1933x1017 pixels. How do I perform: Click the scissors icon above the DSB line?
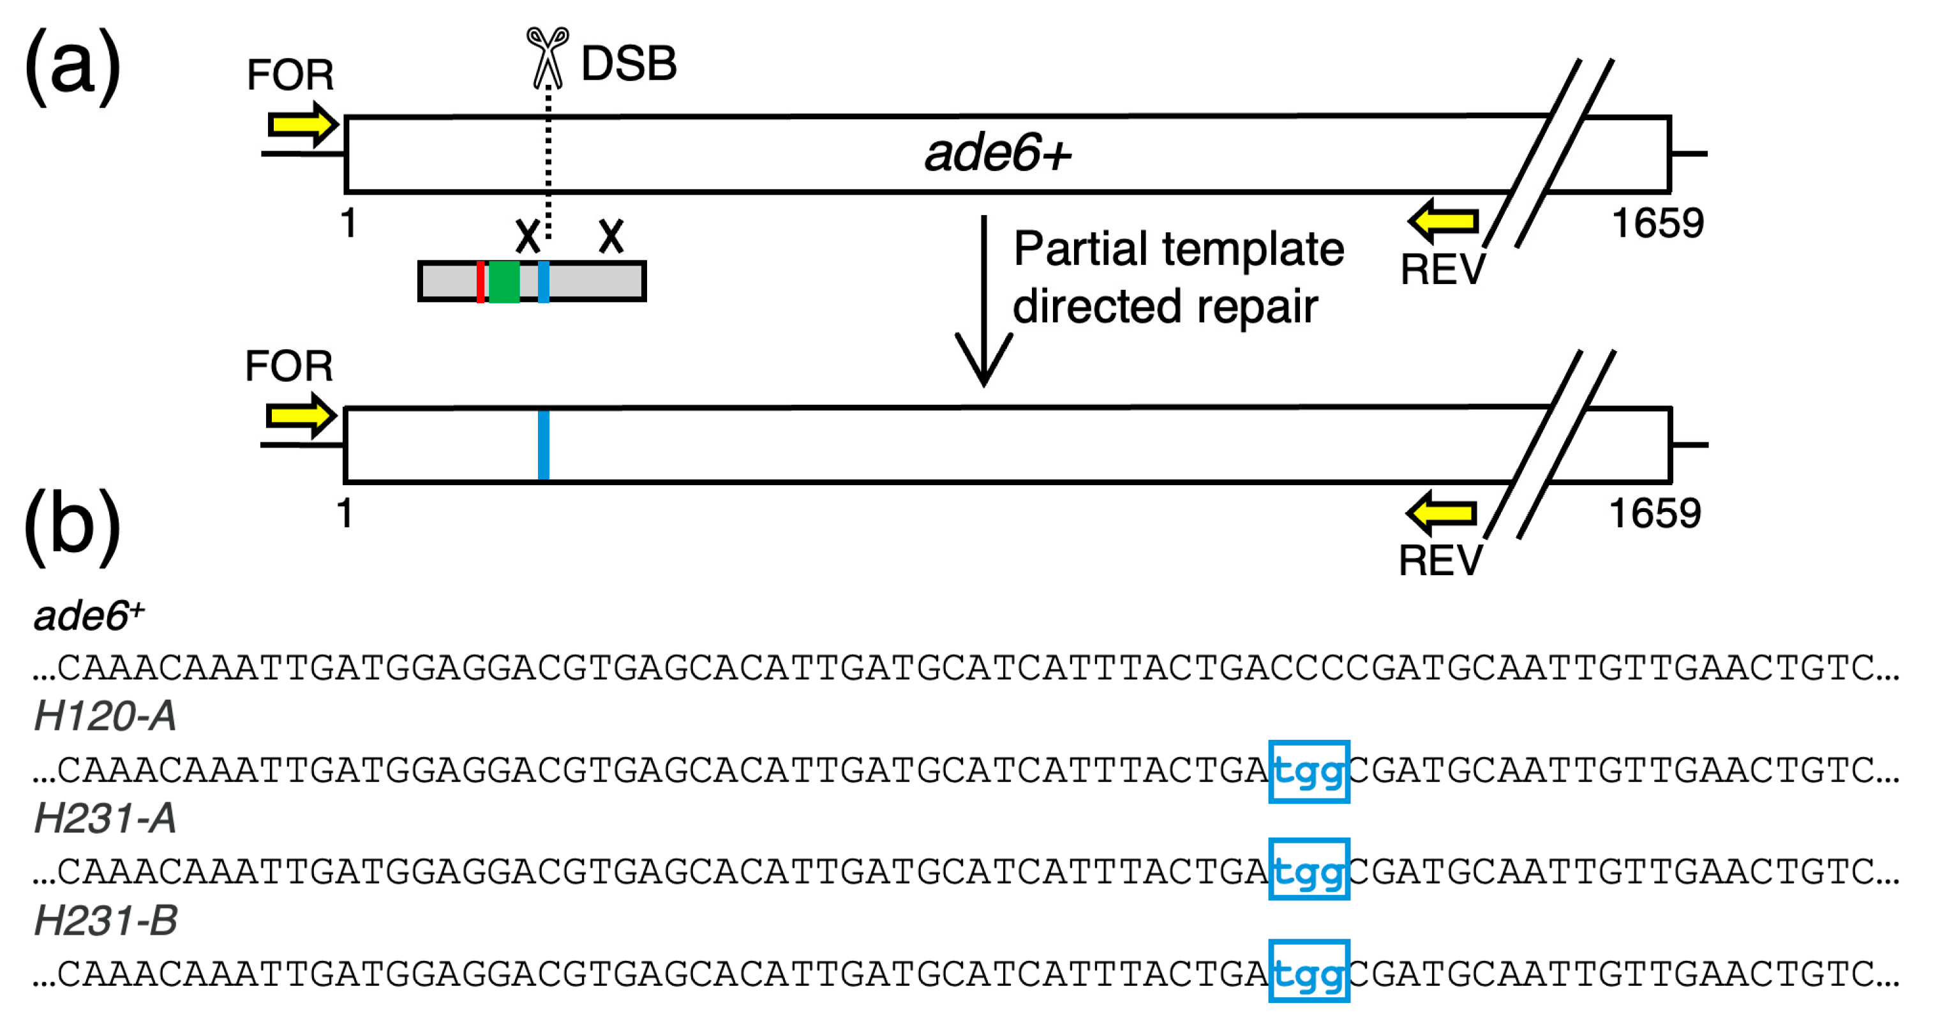(547, 56)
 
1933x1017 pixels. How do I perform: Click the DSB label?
(629, 64)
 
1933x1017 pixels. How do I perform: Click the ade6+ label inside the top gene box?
(997, 153)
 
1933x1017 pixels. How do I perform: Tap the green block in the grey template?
(504, 282)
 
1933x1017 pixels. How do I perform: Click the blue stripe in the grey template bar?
(543, 282)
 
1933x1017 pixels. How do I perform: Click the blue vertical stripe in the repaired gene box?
(543, 444)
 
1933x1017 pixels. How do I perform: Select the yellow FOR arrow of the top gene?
(302, 124)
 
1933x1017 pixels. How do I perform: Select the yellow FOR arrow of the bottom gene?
(300, 415)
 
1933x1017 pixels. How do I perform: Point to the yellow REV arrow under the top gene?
(1443, 222)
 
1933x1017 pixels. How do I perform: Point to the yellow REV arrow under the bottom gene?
(1442, 513)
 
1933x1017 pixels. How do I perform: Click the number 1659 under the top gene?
(1657, 223)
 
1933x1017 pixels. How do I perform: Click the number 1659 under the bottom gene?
(1655, 514)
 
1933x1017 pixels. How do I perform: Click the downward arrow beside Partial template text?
(984, 300)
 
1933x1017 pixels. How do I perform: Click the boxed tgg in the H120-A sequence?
(1309, 772)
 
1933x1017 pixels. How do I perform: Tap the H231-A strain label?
(105, 818)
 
